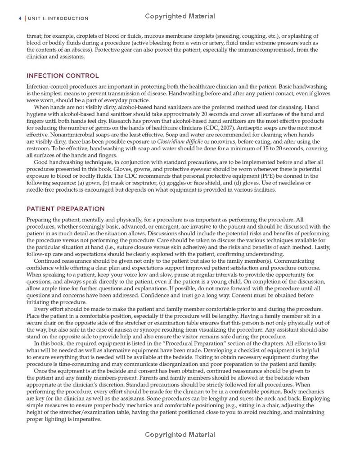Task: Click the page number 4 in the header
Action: tap(20, 18)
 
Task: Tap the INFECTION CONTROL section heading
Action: tap(63, 76)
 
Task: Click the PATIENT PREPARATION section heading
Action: tap(65, 209)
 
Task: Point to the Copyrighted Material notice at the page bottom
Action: tap(180, 435)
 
